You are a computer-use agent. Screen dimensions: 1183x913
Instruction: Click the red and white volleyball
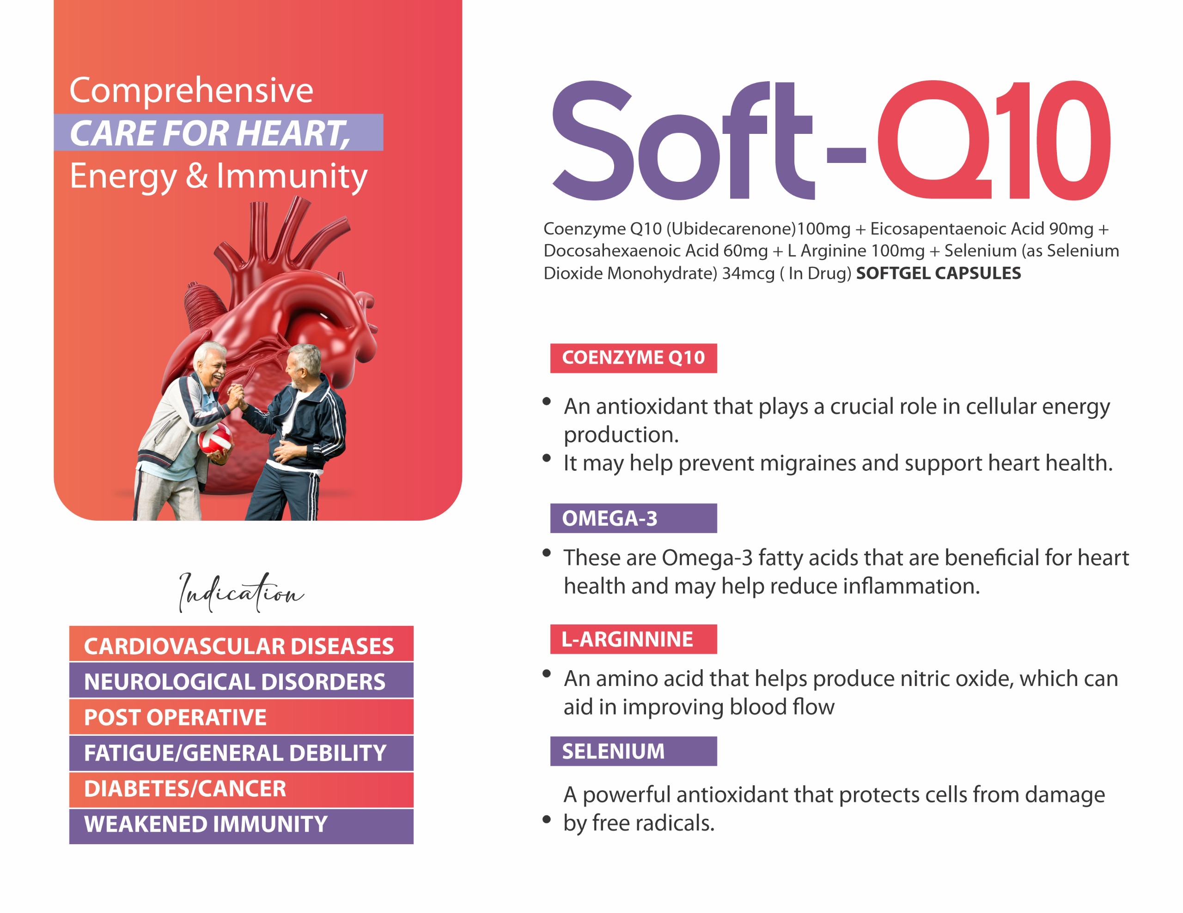point(215,439)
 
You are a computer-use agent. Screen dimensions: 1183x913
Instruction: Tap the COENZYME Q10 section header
point(633,358)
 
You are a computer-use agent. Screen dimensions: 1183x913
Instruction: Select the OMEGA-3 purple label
point(633,518)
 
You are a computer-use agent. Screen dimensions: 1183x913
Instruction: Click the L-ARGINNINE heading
point(633,639)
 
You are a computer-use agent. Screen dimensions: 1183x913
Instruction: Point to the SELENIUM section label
point(633,751)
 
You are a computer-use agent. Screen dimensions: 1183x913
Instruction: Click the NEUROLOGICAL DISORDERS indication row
point(241,680)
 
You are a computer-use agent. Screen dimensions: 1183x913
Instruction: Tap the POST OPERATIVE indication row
point(241,716)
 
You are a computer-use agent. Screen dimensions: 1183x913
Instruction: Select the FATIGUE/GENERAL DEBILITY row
point(241,753)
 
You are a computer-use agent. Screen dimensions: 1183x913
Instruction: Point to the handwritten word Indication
point(241,592)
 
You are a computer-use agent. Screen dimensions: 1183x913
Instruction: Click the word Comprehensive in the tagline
point(191,90)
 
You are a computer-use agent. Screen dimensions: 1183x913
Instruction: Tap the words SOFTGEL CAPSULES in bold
point(938,273)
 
